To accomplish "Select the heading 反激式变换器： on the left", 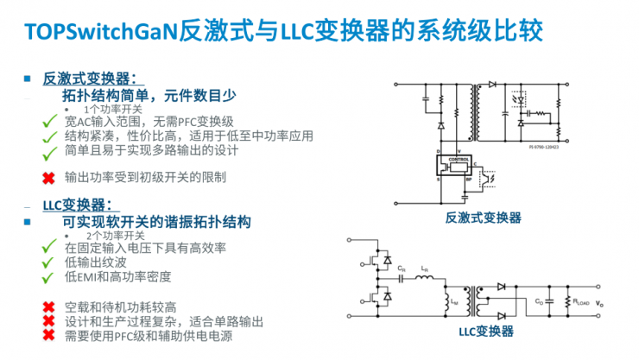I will (90, 79).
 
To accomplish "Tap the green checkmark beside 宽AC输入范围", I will (50, 123).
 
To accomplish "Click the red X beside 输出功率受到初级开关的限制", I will (49, 178).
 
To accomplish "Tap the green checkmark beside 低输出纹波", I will (50, 262).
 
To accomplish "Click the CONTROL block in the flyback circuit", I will (459, 161).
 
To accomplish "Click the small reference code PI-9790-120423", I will (545, 147).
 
